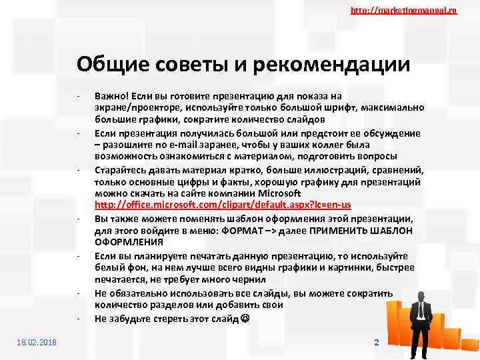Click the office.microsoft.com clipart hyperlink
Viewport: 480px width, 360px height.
[223, 205]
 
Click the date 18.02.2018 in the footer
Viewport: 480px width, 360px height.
[37, 342]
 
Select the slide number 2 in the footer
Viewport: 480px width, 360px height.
[376, 342]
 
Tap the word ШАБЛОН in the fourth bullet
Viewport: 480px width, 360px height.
[394, 230]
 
